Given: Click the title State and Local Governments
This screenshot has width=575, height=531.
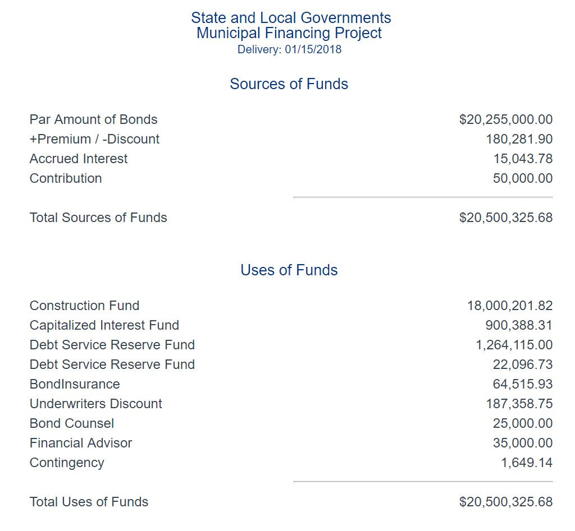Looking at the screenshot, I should [x=291, y=18].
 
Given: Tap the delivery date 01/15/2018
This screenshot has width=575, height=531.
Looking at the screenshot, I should [x=313, y=49].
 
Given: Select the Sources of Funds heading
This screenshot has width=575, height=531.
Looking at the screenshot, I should [x=289, y=84].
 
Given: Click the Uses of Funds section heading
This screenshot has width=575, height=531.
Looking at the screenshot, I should [x=289, y=270].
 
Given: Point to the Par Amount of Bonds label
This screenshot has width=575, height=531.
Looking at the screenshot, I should [x=93, y=119].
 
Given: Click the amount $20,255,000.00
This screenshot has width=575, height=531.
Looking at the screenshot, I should [x=505, y=119].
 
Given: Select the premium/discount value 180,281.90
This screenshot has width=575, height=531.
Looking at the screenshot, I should [x=519, y=139].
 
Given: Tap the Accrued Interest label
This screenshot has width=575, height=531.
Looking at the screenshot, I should [x=79, y=159].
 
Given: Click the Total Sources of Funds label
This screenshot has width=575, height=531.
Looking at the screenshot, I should [x=98, y=218].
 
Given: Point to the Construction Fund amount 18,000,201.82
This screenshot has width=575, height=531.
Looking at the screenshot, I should [x=509, y=306].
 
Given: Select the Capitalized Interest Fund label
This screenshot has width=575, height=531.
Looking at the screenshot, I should [x=104, y=325].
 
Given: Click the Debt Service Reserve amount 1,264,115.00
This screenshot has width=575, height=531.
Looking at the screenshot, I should [x=514, y=345].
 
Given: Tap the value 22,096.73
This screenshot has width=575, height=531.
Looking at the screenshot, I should [x=523, y=364].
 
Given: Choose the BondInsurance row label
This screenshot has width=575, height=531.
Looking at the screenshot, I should [x=75, y=384].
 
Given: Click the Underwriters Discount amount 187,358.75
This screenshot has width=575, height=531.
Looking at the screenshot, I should [x=519, y=404].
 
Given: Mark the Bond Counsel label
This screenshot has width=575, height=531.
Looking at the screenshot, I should [x=72, y=423].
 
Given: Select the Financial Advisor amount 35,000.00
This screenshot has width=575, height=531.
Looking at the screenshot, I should [x=523, y=443].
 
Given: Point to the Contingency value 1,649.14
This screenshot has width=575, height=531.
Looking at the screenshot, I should [x=527, y=463].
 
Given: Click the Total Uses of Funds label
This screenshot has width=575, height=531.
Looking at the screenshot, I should [x=89, y=502].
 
